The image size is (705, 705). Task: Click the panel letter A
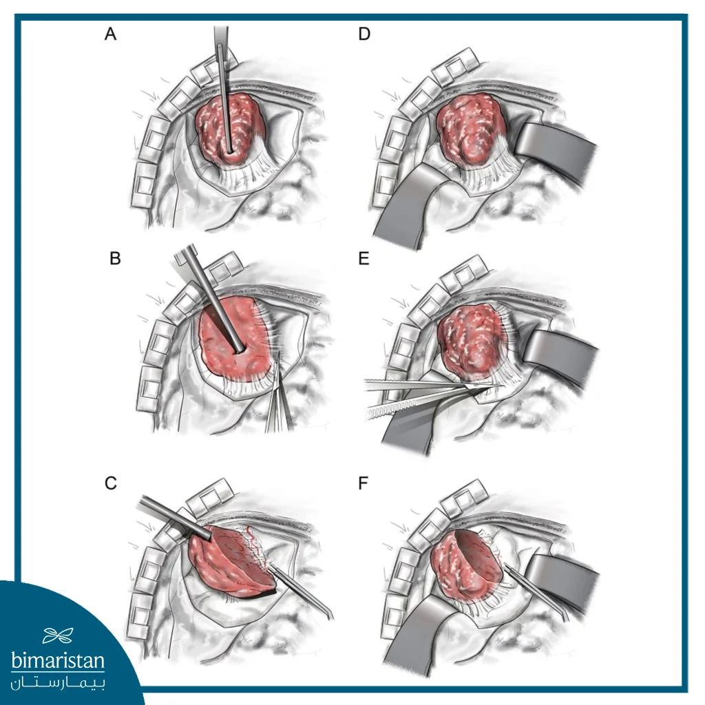coord(111,34)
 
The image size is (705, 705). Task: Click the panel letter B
coord(115,259)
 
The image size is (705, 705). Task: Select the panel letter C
coord(111,483)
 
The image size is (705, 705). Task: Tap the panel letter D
coord(364,34)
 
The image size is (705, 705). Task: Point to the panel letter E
coord(364,259)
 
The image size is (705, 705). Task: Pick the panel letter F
coord(364,483)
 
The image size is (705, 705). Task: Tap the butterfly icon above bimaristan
coord(58,635)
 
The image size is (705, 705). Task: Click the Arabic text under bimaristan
coord(58,683)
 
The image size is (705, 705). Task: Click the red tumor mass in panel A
coord(227,128)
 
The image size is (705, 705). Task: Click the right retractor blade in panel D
coord(556,151)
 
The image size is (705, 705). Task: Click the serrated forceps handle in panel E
coord(396,407)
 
